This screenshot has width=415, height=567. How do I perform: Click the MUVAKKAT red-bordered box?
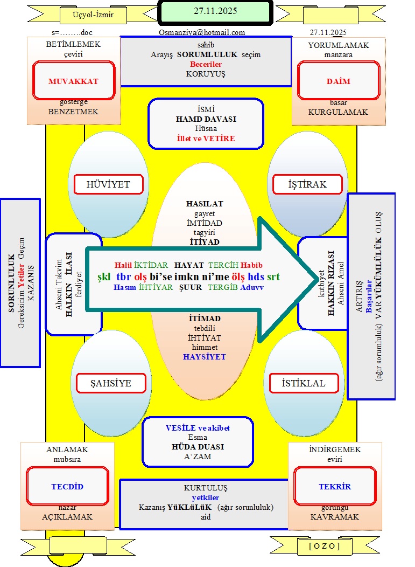tap(74, 81)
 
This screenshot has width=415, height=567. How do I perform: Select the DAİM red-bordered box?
tap(338, 81)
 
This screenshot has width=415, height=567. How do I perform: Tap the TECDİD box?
tap(67, 486)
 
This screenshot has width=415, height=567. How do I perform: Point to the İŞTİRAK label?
tap(307, 184)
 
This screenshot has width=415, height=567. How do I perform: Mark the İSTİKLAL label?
tap(304, 384)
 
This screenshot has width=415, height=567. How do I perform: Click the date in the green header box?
tap(215, 11)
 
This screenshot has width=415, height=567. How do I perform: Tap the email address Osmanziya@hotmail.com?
tap(202, 32)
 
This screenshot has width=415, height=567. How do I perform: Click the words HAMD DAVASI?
tap(206, 119)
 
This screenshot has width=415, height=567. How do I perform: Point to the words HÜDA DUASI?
tap(198, 447)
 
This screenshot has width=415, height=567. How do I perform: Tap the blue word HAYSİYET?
tap(204, 357)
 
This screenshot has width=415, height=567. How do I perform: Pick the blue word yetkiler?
tap(206, 497)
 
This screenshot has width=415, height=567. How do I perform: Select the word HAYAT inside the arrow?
tap(189, 265)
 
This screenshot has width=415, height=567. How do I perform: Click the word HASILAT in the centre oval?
tap(204, 204)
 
